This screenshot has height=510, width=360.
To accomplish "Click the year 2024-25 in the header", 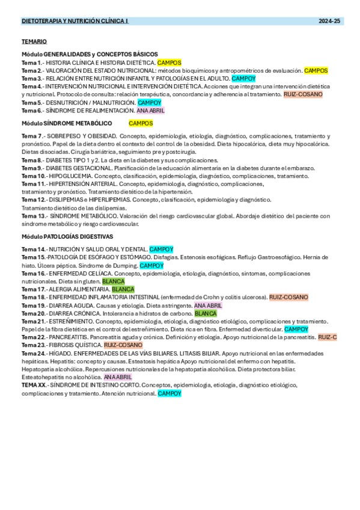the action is pyautogui.click(x=329, y=21).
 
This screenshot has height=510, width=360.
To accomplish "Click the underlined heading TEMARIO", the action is pyautogui.click(x=34, y=41).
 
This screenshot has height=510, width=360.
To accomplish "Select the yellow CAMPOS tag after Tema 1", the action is pyautogui.click(x=169, y=63).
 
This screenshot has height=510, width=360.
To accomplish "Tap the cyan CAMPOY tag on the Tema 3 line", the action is pyautogui.click(x=243, y=78).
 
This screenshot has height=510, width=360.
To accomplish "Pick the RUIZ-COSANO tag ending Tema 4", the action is pyautogui.click(x=303, y=94).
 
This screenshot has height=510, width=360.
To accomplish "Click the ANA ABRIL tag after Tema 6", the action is pyautogui.click(x=150, y=111).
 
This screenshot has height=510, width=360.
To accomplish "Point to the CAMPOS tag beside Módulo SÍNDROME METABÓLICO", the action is pyautogui.click(x=141, y=123).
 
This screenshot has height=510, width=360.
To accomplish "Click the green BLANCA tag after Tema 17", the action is pyautogui.click(x=123, y=289).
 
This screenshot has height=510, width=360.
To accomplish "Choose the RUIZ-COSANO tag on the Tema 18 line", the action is pyautogui.click(x=288, y=297).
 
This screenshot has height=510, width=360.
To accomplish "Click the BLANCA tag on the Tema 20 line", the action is pyautogui.click(x=206, y=313).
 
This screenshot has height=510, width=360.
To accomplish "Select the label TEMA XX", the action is pyautogui.click(x=33, y=385).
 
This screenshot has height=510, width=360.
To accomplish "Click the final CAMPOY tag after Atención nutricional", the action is pyautogui.click(x=169, y=393).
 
